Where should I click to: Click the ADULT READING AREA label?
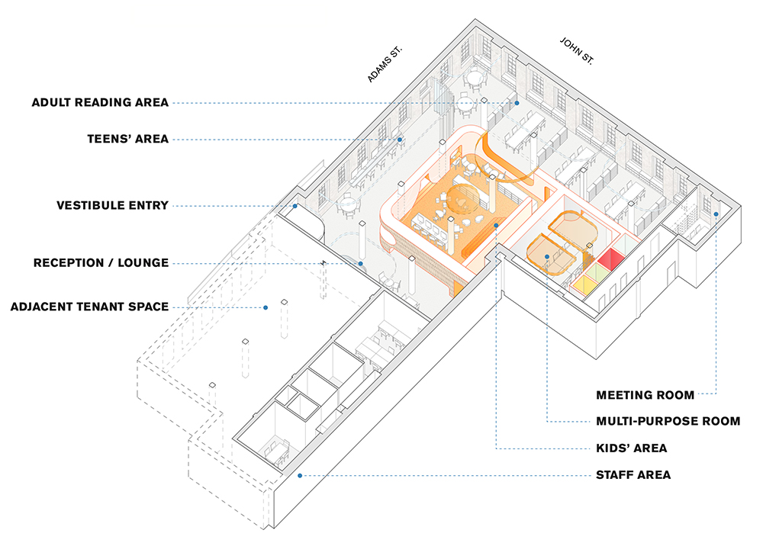coord(100,103)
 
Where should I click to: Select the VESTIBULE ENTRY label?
coord(112,206)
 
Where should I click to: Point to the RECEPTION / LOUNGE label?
coord(101,263)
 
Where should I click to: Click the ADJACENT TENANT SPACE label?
coord(89,307)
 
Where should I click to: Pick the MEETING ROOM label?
coord(645,395)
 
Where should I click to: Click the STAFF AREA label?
coord(633,474)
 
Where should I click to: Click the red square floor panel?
coord(610,259)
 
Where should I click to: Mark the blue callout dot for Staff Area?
coord(301,475)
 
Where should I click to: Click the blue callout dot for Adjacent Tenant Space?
coord(266,308)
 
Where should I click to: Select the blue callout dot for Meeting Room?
coord(716,214)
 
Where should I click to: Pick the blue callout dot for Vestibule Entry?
coord(295,206)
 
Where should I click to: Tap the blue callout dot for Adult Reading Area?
coord(517,103)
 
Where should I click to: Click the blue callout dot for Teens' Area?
coord(399,140)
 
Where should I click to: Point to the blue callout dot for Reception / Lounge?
coord(361,264)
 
